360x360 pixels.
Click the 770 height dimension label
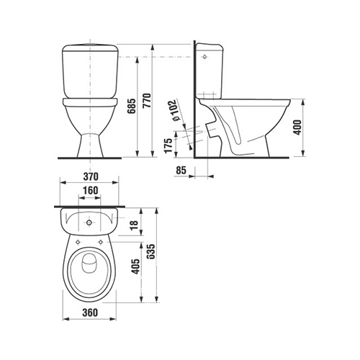pyautogui.click(x=147, y=100)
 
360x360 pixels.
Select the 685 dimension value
pyautogui.click(x=132, y=106)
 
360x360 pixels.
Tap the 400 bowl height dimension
pyautogui.click(x=297, y=127)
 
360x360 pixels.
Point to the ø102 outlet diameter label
pyautogui.click(x=174, y=110)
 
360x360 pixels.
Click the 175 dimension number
pyautogui.click(x=168, y=145)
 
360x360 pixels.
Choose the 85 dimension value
pyautogui.click(x=181, y=170)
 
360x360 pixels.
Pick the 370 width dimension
pyautogui.click(x=91, y=176)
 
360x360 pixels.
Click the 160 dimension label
pyautogui.click(x=90, y=190)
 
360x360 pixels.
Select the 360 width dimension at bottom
pyautogui.click(x=90, y=312)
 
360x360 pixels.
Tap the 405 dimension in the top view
pyautogui.click(x=136, y=266)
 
